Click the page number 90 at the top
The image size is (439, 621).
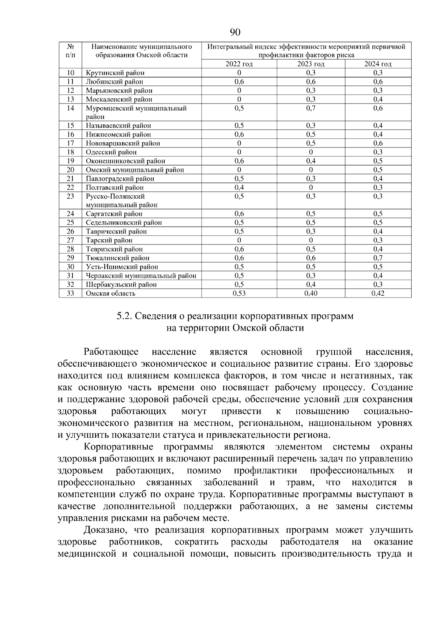coord(235,32)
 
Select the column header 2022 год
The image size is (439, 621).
coord(239,64)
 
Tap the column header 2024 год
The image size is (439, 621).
coord(378,64)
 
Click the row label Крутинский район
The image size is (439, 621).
coord(115,73)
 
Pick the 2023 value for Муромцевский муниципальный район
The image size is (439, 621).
coord(311,108)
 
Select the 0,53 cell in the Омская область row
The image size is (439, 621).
coord(239,293)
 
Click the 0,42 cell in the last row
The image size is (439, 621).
coord(378,293)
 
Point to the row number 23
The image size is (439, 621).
coord(71,197)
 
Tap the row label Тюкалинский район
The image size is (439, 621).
coord(117,258)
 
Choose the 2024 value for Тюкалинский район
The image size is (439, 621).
coord(378,258)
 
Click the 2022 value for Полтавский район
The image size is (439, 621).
coord(239,188)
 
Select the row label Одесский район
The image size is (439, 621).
coord(111,152)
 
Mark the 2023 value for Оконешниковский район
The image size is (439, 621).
coord(311,161)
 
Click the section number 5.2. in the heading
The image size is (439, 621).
coord(125,316)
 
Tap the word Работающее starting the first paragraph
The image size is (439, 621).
coord(111,352)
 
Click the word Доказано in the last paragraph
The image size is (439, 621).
coord(106,530)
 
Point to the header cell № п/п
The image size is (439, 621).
coord(71,51)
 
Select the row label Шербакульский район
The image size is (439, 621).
coord(121,285)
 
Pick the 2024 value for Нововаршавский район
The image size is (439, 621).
coord(378,143)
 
